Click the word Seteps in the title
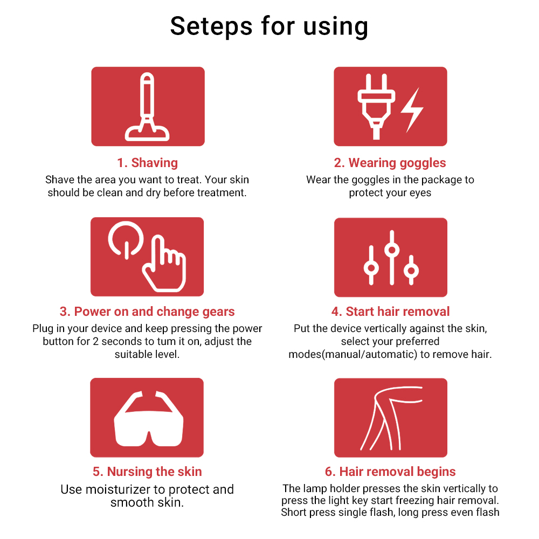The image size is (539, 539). click(211, 27)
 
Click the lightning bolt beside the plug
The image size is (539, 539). click(412, 110)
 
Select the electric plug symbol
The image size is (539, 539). click(376, 107)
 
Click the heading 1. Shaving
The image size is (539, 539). click(148, 163)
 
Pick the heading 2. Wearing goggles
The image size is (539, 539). click(390, 163)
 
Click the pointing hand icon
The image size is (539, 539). click(164, 264)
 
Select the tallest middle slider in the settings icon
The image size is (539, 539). click(392, 258)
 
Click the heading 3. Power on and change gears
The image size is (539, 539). click(147, 312)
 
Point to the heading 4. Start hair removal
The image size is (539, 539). click(390, 312)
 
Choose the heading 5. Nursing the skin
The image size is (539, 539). click(147, 472)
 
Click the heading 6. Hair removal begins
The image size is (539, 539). click(390, 472)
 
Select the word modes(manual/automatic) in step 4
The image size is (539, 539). click(353, 355)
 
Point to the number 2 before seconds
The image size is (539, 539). click(95, 341)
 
